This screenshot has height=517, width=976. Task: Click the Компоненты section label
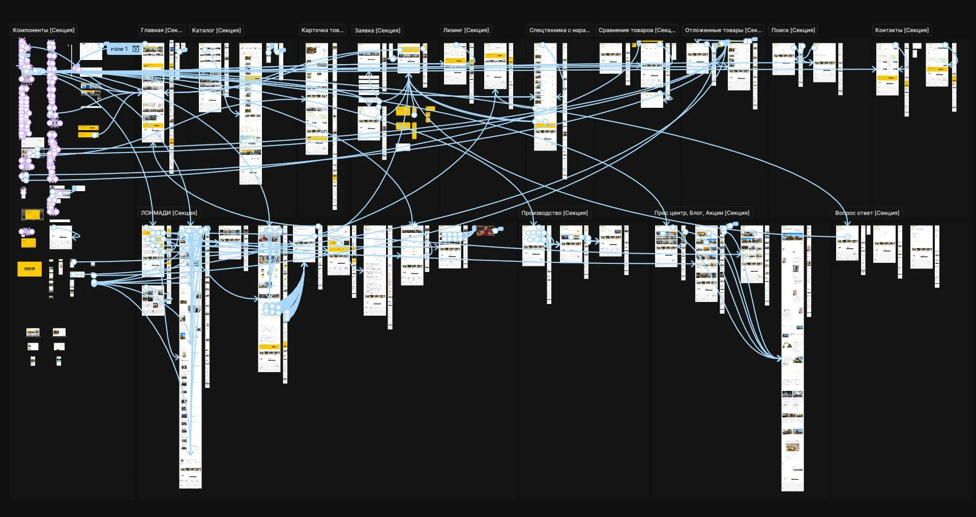(x=44, y=31)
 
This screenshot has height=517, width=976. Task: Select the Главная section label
(x=161, y=31)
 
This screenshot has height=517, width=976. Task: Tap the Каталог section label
(x=216, y=31)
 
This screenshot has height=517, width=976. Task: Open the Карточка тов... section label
(x=322, y=31)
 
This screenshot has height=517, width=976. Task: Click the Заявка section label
(x=377, y=31)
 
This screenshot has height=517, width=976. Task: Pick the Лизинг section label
(x=466, y=31)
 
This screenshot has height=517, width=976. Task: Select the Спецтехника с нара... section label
(x=559, y=31)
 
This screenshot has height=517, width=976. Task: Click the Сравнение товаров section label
(x=637, y=31)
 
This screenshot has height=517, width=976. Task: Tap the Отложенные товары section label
(x=723, y=31)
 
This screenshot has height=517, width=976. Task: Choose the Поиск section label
(x=793, y=31)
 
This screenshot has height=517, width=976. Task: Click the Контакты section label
(x=902, y=31)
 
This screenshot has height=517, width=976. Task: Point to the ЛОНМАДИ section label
(x=169, y=213)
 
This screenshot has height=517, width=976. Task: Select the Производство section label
(x=554, y=213)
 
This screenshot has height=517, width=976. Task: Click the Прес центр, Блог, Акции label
(x=702, y=213)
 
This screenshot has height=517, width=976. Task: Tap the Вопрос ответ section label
(x=867, y=213)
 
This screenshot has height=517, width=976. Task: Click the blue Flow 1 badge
(x=120, y=49)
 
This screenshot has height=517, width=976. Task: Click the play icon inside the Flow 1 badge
(x=136, y=49)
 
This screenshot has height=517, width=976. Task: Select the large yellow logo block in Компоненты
(x=29, y=269)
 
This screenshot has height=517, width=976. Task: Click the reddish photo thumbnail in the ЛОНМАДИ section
(x=486, y=231)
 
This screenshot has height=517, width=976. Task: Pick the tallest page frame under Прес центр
(x=792, y=356)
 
